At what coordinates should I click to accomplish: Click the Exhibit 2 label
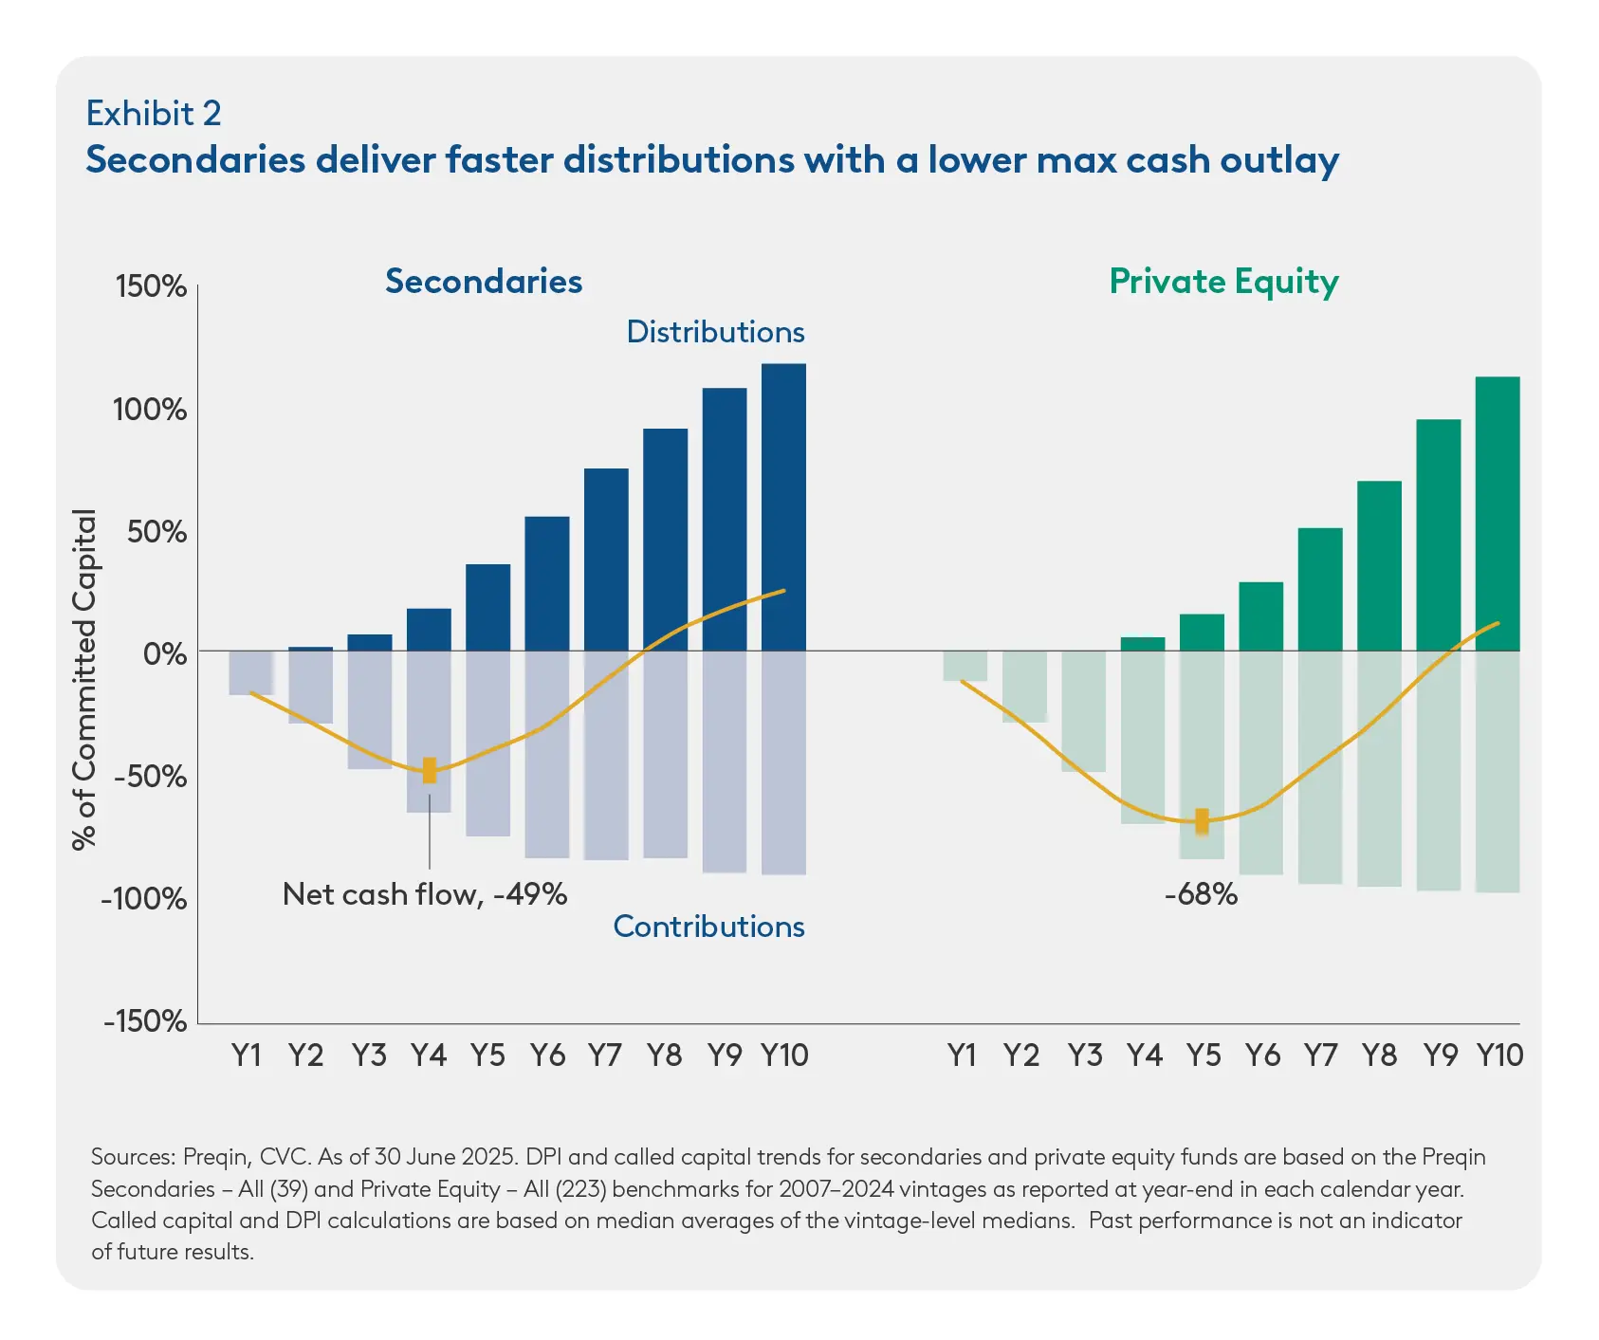click(x=154, y=114)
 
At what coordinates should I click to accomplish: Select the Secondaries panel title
click(x=484, y=282)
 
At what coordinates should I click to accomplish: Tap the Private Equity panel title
click(x=1223, y=282)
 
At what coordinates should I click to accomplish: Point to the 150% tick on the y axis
click(x=151, y=286)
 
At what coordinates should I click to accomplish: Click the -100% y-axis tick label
click(x=145, y=898)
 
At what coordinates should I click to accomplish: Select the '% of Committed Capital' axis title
click(x=85, y=679)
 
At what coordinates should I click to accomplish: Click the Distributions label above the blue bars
click(x=715, y=332)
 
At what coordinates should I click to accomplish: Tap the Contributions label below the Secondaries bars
click(x=708, y=927)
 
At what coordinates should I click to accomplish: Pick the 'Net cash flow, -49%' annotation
click(x=425, y=894)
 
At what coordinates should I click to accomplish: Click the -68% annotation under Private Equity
click(x=1201, y=894)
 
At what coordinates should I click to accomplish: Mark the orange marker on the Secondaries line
click(x=430, y=770)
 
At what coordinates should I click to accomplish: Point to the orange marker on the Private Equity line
click(x=1202, y=820)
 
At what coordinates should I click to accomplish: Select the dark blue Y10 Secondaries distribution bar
click(x=783, y=507)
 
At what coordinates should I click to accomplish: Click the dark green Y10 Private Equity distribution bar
click(x=1498, y=513)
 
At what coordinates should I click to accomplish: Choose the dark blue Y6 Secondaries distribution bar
click(x=547, y=583)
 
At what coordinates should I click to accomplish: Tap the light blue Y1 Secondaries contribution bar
click(x=251, y=672)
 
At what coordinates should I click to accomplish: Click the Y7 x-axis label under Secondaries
click(x=605, y=1055)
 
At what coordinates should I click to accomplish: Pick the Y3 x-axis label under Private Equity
click(x=1084, y=1055)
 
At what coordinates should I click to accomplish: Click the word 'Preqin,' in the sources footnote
click(x=217, y=1157)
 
